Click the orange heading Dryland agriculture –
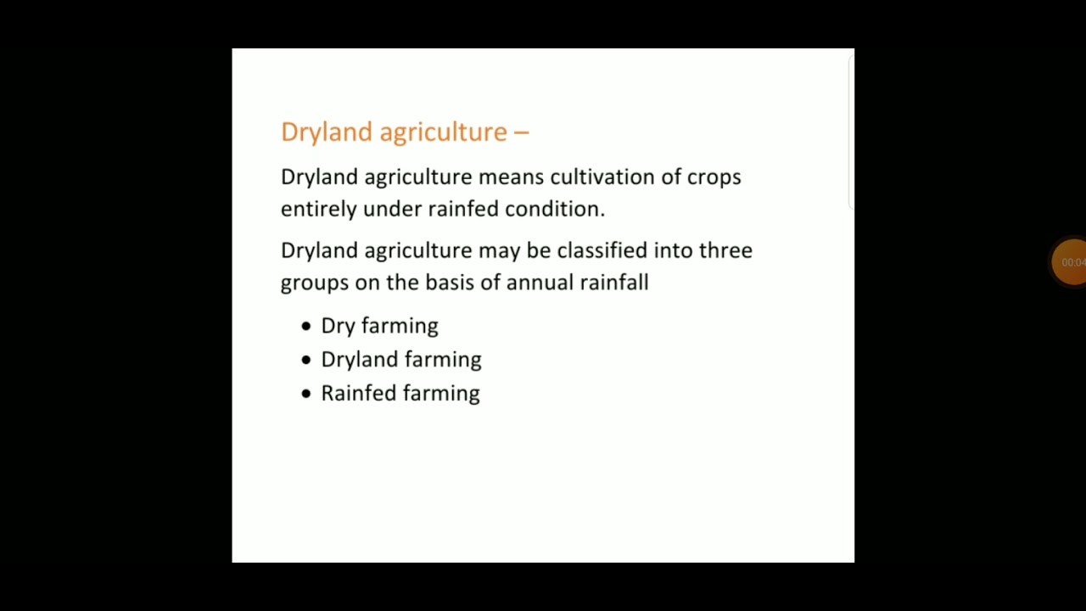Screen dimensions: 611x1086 coord(405,132)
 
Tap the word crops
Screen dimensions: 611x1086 coord(714,177)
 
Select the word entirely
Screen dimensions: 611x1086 coord(318,210)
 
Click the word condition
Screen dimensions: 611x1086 coord(555,209)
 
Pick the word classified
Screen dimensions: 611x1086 coord(602,250)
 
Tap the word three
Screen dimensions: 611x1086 coord(725,250)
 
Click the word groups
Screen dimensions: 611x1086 coord(314,283)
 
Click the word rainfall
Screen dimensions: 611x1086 coord(614,283)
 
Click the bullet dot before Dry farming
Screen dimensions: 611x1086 coord(306,326)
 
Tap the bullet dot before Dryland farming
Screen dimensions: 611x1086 coord(306,360)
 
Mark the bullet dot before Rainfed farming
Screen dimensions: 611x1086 coord(306,394)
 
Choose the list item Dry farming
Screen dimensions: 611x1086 coord(379,327)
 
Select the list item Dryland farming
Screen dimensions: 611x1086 coord(400,360)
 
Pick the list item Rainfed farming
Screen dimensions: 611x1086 coord(400,394)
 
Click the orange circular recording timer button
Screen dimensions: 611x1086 coord(1070,262)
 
